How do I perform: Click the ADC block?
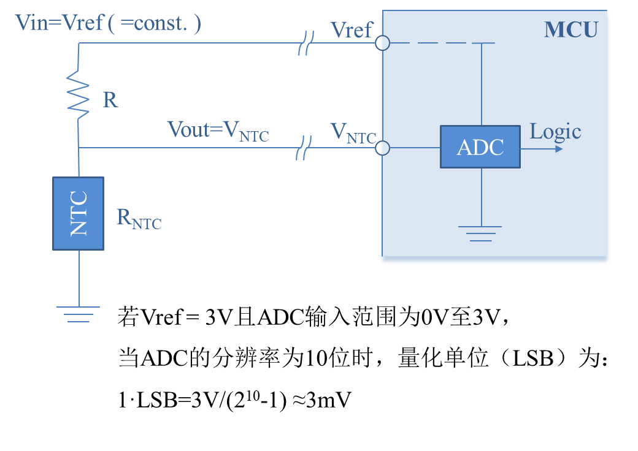480,147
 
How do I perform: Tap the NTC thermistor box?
78,213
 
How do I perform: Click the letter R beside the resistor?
110,100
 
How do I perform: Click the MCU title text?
571,29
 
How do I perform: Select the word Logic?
555,131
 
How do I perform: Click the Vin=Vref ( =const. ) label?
108,23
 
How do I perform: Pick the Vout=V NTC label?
218,130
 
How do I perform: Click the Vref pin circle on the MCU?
382,43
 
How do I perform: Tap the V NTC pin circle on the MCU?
382,148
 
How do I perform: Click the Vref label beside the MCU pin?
351,29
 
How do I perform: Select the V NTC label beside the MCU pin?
352,132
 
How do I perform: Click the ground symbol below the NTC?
78,313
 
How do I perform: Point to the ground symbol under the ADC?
480,233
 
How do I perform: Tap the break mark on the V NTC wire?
303,148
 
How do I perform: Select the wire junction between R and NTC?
79,148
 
